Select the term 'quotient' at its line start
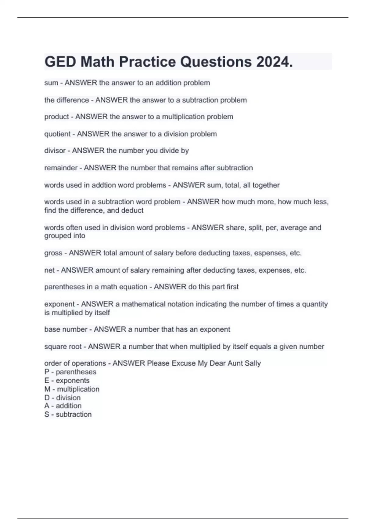click(57, 134)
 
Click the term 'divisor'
click(55, 151)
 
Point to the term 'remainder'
click(61, 168)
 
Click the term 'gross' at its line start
click(53, 253)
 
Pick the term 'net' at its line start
click(49, 270)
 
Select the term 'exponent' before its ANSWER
click(59, 304)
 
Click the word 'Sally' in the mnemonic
click(253, 363)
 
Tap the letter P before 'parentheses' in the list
click(47, 372)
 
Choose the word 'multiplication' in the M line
click(78, 389)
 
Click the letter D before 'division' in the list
click(47, 398)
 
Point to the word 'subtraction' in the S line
click(74, 415)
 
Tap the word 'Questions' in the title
click(216, 62)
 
